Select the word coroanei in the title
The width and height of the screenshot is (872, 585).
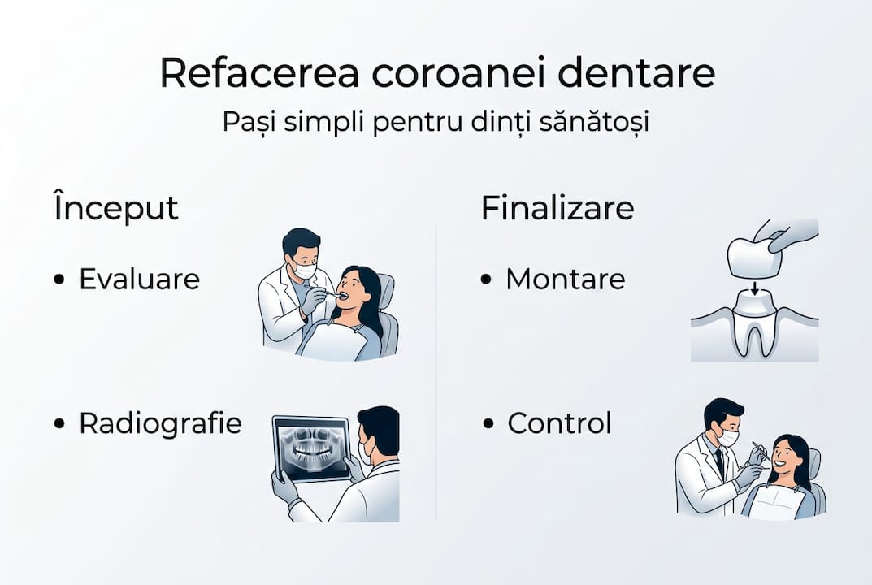[x=458, y=72]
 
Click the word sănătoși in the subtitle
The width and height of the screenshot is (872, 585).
[x=593, y=122]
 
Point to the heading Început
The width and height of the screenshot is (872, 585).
[x=115, y=207]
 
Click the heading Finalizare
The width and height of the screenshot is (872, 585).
[x=557, y=207]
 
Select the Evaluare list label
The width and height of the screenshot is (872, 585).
[x=139, y=279]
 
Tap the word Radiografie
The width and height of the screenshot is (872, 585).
[x=160, y=423]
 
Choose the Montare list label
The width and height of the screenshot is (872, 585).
[x=565, y=279]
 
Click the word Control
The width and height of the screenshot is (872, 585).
[x=559, y=423]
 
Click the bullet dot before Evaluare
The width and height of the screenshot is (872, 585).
[x=59, y=279]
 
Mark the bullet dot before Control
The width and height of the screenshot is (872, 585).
[x=488, y=424]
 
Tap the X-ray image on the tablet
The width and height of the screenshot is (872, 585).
[x=311, y=448]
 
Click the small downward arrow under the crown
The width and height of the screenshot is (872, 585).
[x=754, y=288]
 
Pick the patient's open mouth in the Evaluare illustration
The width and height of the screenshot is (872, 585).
[x=344, y=295]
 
